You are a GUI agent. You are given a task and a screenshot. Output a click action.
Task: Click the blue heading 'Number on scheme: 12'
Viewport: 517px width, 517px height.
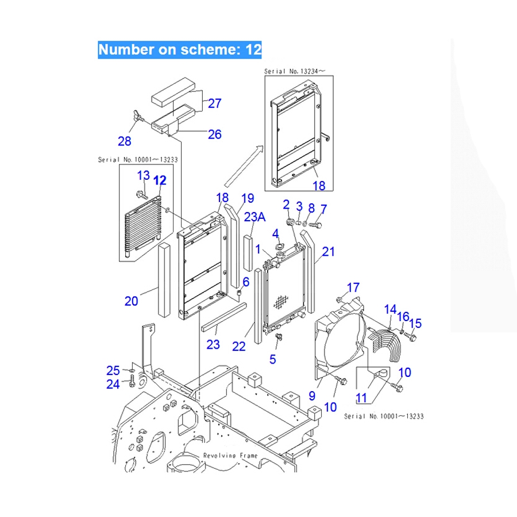[180, 49]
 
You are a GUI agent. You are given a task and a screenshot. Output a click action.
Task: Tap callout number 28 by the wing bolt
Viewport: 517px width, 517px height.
[124, 141]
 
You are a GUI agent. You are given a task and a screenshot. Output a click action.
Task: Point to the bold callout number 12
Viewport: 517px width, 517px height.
[160, 180]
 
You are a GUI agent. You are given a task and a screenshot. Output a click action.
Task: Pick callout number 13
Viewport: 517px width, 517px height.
[143, 175]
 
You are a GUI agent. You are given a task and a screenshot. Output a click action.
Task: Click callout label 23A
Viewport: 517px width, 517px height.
[254, 218]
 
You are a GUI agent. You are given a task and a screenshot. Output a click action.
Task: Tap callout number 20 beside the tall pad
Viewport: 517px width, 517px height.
[132, 300]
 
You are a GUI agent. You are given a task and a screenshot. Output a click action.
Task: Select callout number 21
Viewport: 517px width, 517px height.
[328, 251]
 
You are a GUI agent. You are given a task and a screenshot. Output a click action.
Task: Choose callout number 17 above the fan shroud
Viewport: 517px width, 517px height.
[353, 287]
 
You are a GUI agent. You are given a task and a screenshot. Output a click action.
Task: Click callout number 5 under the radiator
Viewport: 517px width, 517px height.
[272, 360]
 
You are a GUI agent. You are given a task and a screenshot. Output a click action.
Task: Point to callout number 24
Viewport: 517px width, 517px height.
[113, 384]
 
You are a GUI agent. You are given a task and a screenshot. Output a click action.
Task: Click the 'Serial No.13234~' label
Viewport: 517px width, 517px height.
[294, 72]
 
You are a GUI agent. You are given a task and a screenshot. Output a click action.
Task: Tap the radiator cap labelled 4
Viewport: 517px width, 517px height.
[281, 248]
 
